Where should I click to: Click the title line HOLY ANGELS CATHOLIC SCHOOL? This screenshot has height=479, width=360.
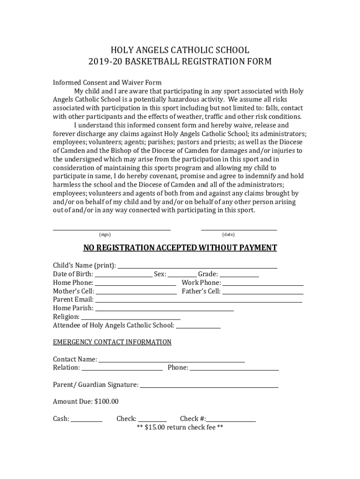pos(180,50)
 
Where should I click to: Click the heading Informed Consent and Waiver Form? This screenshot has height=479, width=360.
pos(107,83)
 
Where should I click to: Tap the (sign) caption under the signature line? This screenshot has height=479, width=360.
pos(105,234)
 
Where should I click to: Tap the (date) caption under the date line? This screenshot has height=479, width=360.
pos(229,234)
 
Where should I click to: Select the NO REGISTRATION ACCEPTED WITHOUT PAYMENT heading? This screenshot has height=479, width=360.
pos(180,248)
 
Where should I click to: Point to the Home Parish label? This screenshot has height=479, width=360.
pos(73,308)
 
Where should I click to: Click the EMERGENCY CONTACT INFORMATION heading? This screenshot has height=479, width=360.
pos(112,342)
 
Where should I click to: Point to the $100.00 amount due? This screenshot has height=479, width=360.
pos(107,401)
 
